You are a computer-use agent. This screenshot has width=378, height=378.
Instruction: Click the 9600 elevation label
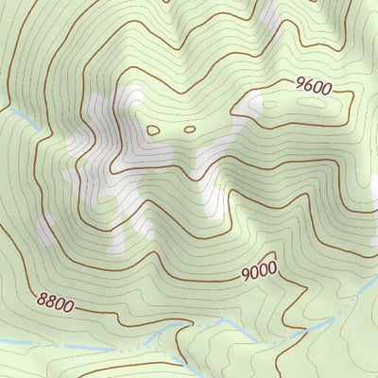coord(313,89)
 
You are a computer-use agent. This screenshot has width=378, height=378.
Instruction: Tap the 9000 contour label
coord(258,272)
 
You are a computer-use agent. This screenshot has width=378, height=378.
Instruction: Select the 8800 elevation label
coord(56,303)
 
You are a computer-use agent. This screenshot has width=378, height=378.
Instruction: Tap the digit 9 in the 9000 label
coord(245,275)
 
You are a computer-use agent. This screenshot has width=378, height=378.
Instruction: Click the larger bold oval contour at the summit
coord(153,129)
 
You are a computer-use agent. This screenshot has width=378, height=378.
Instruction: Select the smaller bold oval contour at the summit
coord(189,129)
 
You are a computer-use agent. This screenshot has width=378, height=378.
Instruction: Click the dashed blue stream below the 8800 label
coord(57,345)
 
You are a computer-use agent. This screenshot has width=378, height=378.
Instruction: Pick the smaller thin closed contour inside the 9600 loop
coord(283,98)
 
